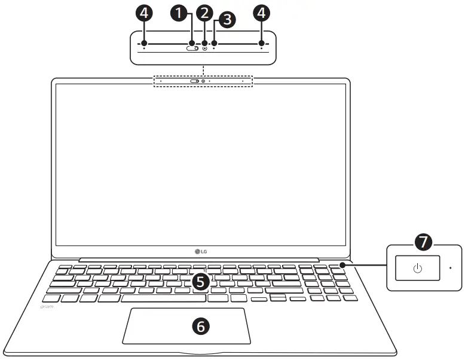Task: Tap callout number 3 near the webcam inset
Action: [x=227, y=20]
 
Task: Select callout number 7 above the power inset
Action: [x=423, y=242]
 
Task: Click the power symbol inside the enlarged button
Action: [x=417, y=268]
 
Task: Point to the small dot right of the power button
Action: [x=450, y=268]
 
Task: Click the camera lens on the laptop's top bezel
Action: [x=203, y=81]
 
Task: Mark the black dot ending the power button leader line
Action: [x=341, y=266]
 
